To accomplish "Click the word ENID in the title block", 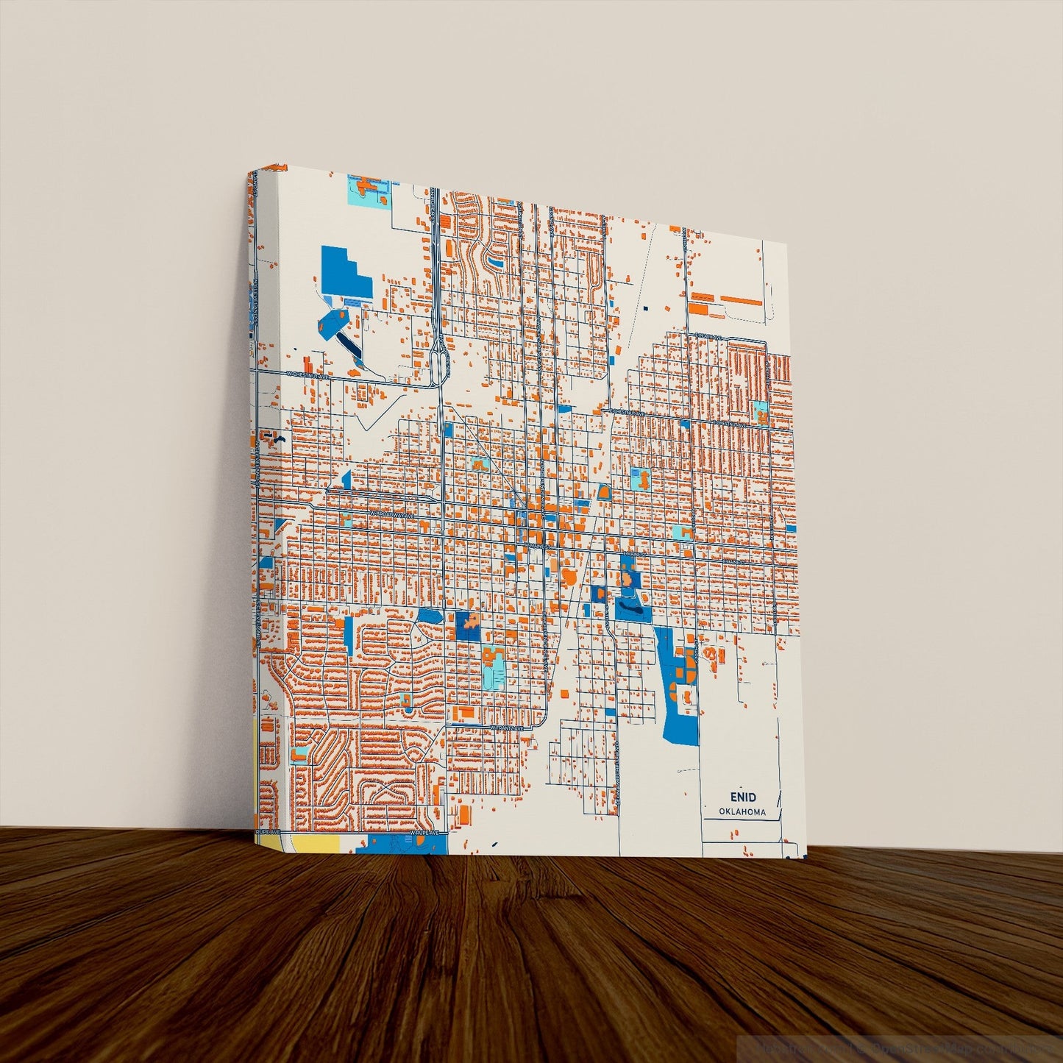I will click(743, 797).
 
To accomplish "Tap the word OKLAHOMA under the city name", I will click(743, 812).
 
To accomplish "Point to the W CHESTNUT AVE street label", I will click(305, 374).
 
